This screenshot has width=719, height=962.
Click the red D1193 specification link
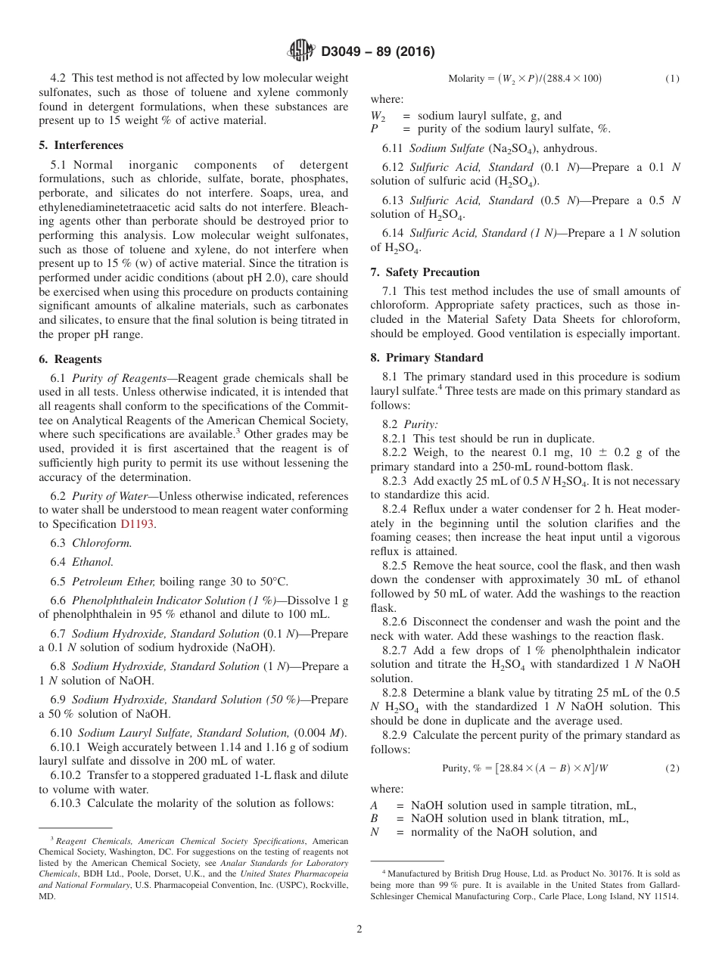click(137, 523)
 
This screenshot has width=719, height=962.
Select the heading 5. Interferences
click(81, 145)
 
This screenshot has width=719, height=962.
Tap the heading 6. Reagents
click(70, 359)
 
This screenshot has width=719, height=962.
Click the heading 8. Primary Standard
click(427, 358)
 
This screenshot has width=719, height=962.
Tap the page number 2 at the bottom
click(359, 929)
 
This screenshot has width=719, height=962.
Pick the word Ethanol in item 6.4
click(92, 562)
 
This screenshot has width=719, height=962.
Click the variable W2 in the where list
click(376, 116)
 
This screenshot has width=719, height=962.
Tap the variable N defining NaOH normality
click(374, 832)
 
